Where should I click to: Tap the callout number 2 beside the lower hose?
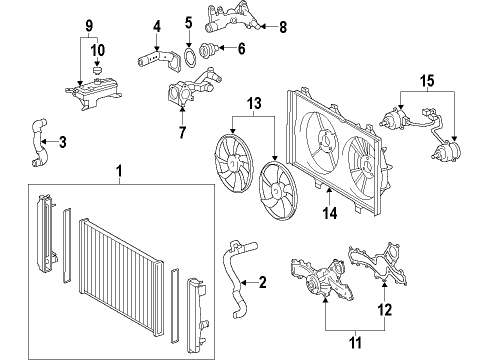point(262,283)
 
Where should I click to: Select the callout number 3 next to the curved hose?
point(63,142)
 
